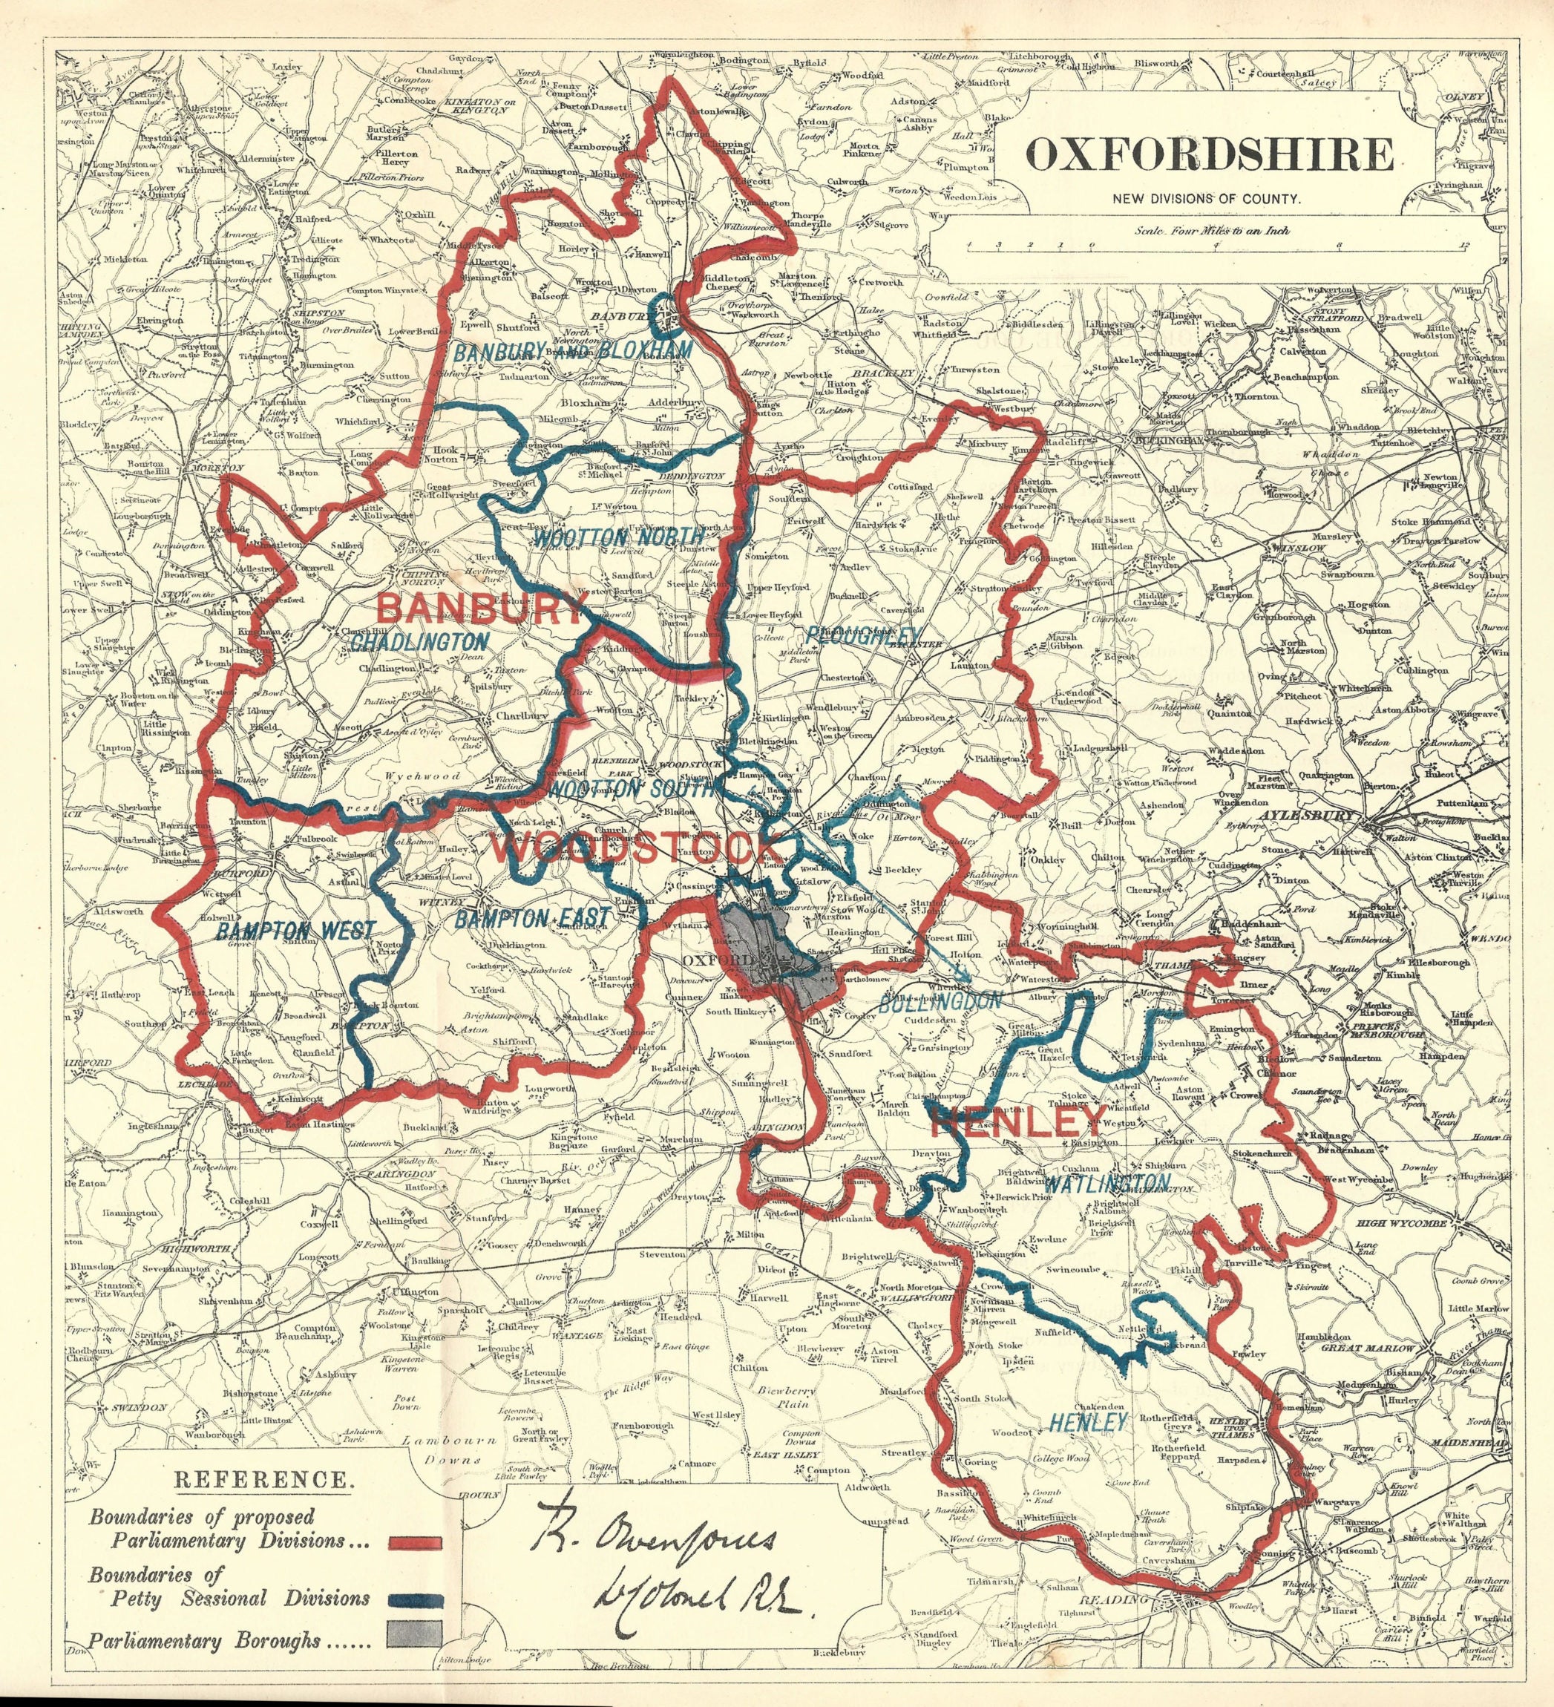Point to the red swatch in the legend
point(415,1542)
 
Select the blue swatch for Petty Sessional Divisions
point(415,1599)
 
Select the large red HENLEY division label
point(1016,1124)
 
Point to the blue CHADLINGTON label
point(420,643)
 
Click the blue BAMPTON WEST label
point(294,931)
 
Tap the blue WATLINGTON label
point(1109,1182)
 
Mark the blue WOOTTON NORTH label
point(617,537)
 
